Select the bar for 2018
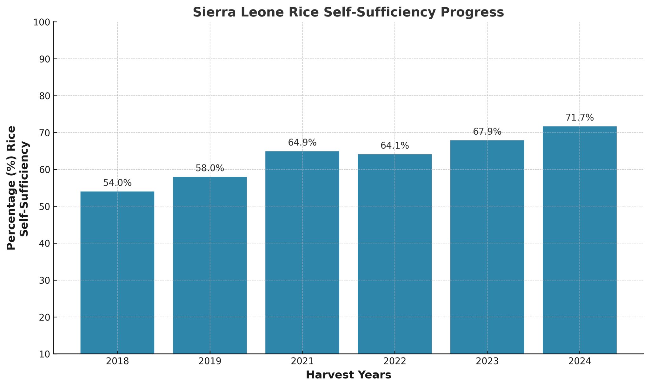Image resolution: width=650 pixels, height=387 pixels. click(117, 273)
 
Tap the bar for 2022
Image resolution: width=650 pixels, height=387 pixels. click(395, 254)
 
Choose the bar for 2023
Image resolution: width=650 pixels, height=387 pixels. click(487, 247)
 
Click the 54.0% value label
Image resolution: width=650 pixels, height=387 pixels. click(117, 183)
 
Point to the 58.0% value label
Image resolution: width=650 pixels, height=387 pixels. click(210, 168)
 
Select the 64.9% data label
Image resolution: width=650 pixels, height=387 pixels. click(302, 143)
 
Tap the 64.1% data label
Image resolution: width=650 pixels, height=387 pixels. click(395, 146)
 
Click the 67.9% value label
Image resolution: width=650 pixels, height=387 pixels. click(487, 132)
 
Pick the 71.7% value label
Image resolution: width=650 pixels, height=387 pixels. click(580, 118)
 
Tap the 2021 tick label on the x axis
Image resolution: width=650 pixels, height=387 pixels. click(302, 362)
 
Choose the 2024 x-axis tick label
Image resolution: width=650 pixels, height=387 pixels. click(580, 362)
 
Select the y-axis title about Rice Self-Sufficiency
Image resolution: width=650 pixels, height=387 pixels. click(18, 188)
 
